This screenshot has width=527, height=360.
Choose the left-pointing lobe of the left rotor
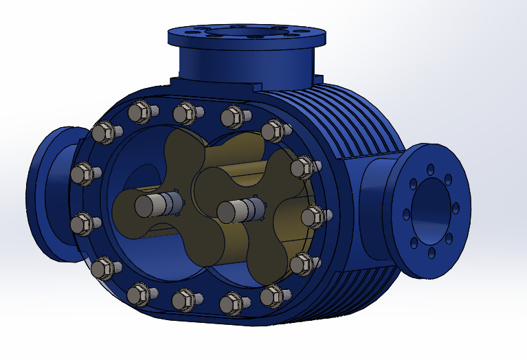coord(124,206)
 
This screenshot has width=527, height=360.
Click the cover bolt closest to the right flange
coord(313,216)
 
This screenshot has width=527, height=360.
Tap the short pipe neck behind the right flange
coord(377,206)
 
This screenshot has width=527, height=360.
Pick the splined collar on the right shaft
coord(253,208)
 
